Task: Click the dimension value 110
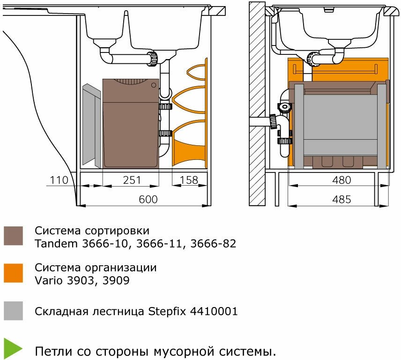(x=59, y=180)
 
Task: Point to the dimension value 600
(x=148, y=199)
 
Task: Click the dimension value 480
(x=342, y=180)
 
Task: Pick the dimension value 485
(x=342, y=199)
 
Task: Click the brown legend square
(x=13, y=236)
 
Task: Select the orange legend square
(x=13, y=273)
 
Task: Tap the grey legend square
(x=13, y=311)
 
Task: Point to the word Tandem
(x=54, y=244)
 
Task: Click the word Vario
(x=48, y=281)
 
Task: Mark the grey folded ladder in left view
(x=91, y=126)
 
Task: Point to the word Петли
(x=51, y=351)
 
